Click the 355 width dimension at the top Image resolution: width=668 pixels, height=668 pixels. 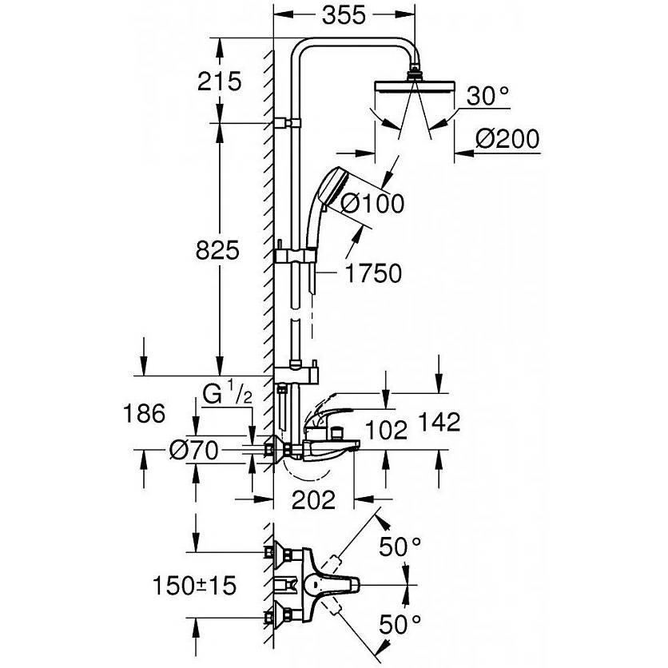click(344, 15)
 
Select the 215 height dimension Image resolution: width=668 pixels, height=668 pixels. click(220, 81)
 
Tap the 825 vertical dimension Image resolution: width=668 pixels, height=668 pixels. click(217, 250)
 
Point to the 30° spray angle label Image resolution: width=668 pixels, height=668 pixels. click(487, 96)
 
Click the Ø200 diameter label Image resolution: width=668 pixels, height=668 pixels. click(507, 139)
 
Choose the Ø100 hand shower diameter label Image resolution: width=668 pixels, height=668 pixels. click(372, 203)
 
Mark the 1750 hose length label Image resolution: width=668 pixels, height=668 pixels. click(373, 273)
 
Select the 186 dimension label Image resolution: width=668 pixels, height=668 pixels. click(144, 414)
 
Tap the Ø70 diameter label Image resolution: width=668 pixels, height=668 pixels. click(194, 450)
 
